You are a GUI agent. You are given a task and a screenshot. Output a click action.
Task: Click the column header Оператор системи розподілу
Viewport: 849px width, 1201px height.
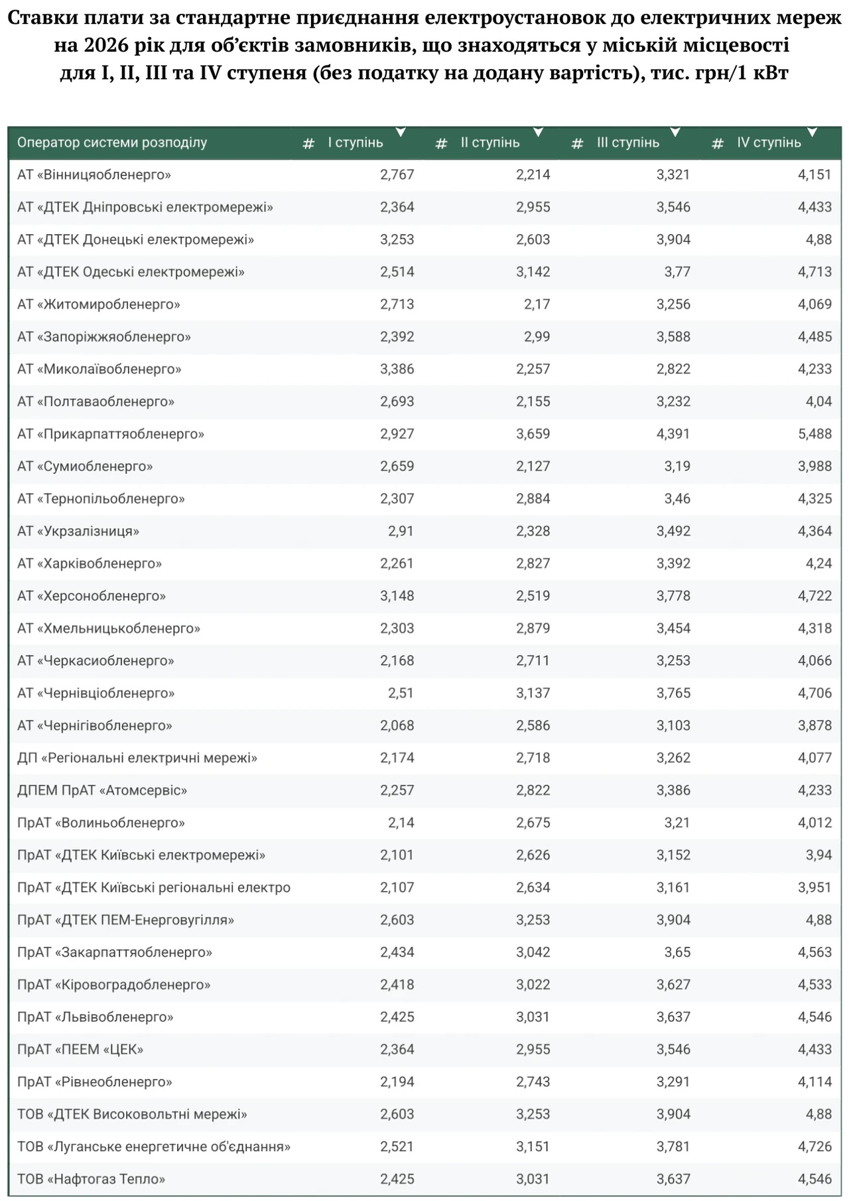[112, 143]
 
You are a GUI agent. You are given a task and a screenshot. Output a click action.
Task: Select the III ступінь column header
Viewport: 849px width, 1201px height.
[628, 143]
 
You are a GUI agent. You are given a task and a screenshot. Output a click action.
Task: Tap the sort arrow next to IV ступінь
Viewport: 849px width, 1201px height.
[812, 132]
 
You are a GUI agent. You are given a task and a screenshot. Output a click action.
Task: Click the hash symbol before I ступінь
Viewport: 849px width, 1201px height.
[308, 143]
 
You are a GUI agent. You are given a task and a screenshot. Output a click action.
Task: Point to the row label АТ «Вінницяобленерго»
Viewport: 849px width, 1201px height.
[94, 175]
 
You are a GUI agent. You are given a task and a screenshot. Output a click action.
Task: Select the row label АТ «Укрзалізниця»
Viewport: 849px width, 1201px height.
[78, 531]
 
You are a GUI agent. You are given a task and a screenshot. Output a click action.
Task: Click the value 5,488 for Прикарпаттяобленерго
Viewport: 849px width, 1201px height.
[815, 434]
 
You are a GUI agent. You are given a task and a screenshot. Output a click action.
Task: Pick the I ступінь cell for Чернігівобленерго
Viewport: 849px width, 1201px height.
[397, 725]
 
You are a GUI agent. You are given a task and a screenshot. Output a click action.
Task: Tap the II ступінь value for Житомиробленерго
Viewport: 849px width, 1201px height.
[537, 305]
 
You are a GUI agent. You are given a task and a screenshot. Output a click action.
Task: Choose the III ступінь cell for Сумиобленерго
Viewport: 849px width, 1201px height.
[677, 466]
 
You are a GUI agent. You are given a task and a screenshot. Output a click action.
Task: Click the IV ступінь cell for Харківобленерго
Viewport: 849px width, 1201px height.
[818, 563]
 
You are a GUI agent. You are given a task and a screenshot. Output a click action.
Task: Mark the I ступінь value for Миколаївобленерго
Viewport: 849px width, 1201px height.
[397, 369]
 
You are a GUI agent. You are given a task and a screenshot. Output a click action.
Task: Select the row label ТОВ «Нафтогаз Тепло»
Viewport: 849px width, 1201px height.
[92, 1179]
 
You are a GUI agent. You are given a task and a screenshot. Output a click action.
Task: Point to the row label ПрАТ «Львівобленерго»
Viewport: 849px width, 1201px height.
[96, 1017]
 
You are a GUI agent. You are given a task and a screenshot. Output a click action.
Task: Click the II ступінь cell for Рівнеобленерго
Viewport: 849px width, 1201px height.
[533, 1082]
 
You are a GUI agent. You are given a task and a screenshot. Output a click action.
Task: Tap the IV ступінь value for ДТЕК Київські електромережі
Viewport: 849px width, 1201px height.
[818, 855]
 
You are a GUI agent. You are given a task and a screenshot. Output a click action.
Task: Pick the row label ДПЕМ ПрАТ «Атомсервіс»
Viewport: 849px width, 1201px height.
[102, 790]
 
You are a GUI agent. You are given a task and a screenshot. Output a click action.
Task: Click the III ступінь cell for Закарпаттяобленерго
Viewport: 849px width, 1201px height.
[677, 952]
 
